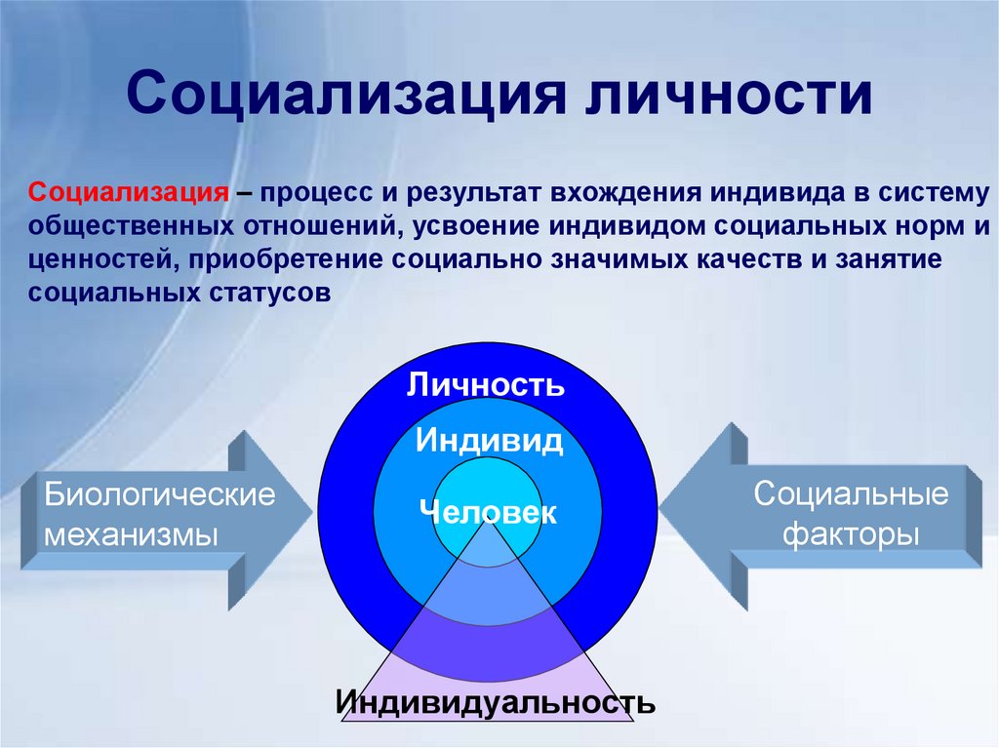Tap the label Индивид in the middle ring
pyautogui.click(x=488, y=441)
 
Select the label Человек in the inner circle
pyautogui.click(x=487, y=512)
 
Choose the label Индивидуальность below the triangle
pyautogui.click(x=496, y=701)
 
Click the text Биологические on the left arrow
pyautogui.click(x=159, y=494)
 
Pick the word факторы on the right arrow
pyautogui.click(x=851, y=535)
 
